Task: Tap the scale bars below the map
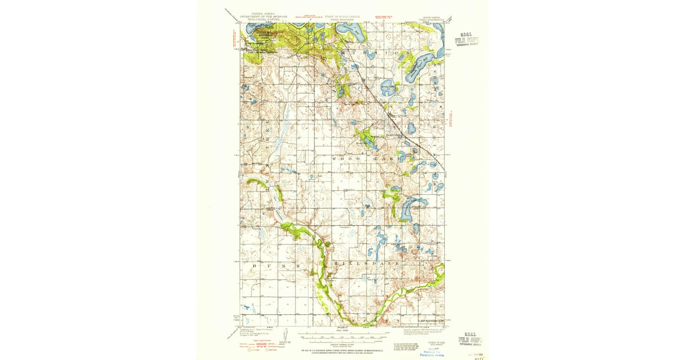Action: (x=342, y=337)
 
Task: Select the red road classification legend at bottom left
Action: (x=260, y=346)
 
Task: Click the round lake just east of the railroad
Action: (x=389, y=87)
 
